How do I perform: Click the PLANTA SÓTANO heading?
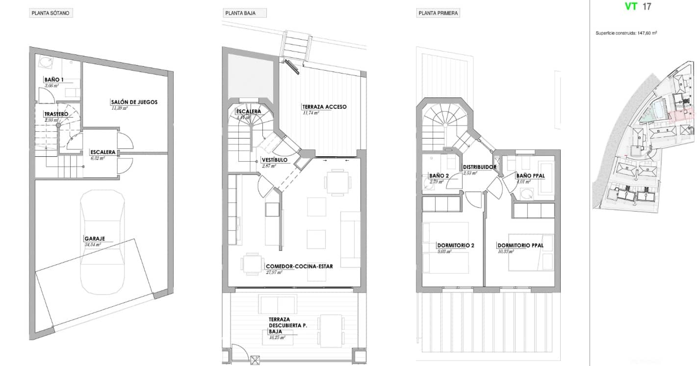click(51, 13)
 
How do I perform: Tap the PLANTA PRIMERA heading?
click(438, 13)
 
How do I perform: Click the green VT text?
click(631, 7)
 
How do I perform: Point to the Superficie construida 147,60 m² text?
click(626, 33)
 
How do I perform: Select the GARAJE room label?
click(94, 239)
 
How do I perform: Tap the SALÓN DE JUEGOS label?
click(134, 102)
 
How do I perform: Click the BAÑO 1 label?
click(53, 79)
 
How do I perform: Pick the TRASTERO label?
click(56, 114)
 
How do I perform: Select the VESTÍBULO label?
click(274, 160)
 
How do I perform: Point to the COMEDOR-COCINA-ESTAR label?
click(299, 267)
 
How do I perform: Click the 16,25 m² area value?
click(277, 337)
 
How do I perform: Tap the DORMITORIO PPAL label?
click(520, 245)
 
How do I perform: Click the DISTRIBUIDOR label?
click(479, 167)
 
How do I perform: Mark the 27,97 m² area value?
click(274, 272)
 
